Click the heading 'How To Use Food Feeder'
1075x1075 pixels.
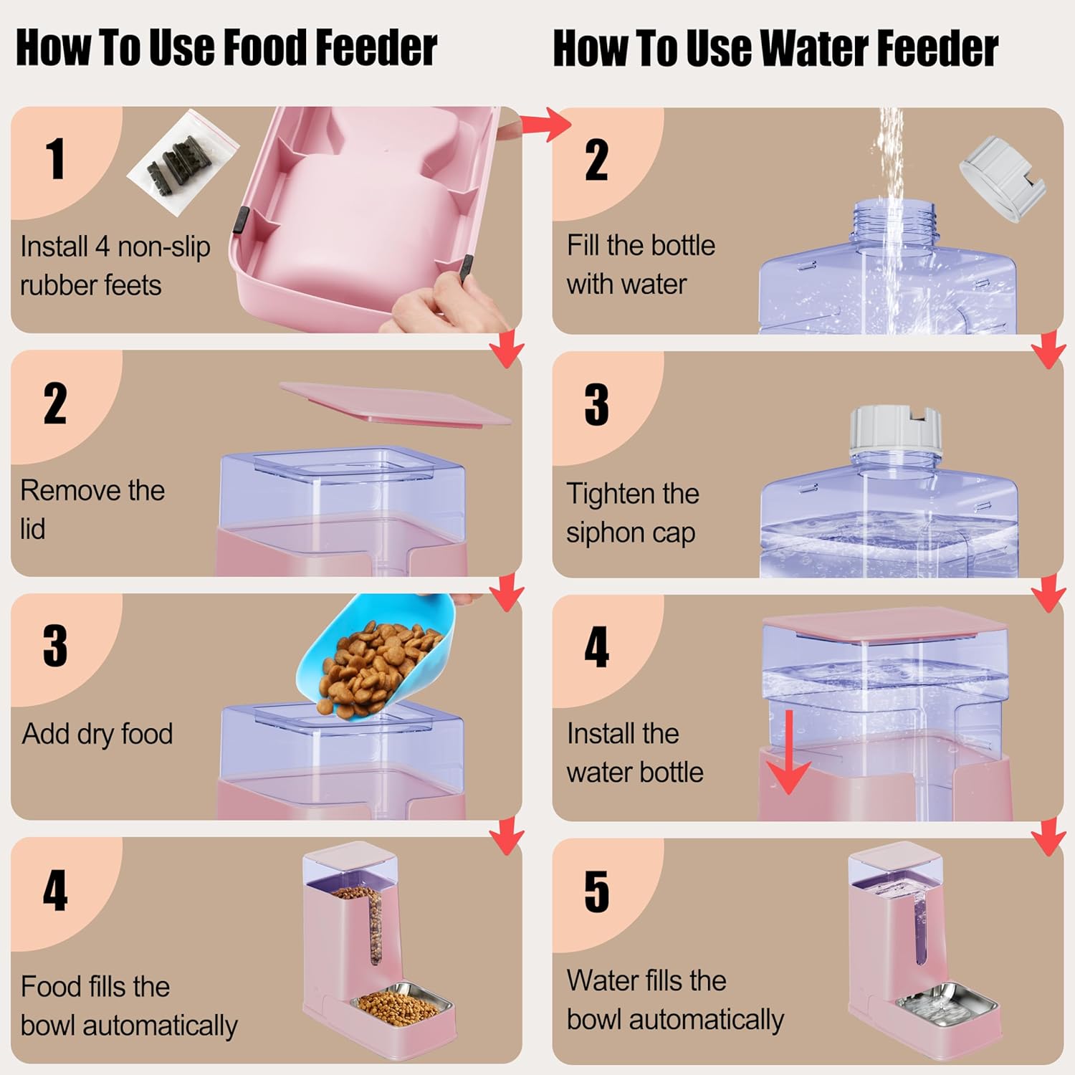click(226, 48)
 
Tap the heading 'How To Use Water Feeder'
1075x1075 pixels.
click(775, 48)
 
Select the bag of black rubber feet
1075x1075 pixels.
click(183, 163)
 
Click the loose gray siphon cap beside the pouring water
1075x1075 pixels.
click(1002, 178)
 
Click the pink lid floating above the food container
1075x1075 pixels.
click(396, 403)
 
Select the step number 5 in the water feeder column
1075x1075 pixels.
click(597, 892)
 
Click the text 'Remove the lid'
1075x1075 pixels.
click(92, 510)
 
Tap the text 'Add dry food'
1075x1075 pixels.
click(97, 734)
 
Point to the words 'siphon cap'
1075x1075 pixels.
click(631, 534)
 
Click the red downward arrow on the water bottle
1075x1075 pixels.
click(788, 752)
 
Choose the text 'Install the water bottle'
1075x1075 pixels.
click(635, 752)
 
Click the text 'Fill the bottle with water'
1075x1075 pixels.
click(641, 264)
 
